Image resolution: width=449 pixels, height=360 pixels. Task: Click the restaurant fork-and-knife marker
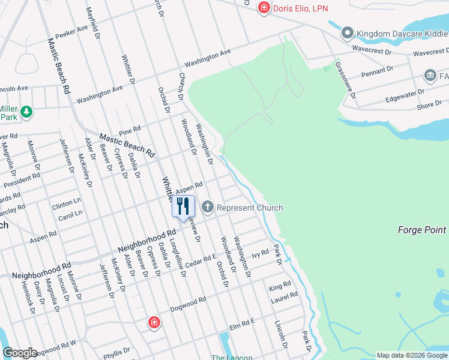[184, 206]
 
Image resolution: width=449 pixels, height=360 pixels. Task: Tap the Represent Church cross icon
[208, 208]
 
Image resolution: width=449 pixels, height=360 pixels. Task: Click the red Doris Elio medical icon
[264, 8]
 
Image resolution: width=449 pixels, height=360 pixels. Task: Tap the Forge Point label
[422, 230]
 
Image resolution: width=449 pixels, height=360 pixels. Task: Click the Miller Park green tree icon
[26, 112]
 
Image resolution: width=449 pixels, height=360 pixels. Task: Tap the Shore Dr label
[429, 105]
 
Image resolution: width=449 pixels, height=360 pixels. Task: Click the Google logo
[20, 353]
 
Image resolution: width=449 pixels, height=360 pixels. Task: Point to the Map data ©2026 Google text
[411, 355]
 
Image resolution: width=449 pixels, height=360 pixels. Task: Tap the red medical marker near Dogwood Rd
[154, 323]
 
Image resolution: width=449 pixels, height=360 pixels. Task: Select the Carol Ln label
[70, 214]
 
